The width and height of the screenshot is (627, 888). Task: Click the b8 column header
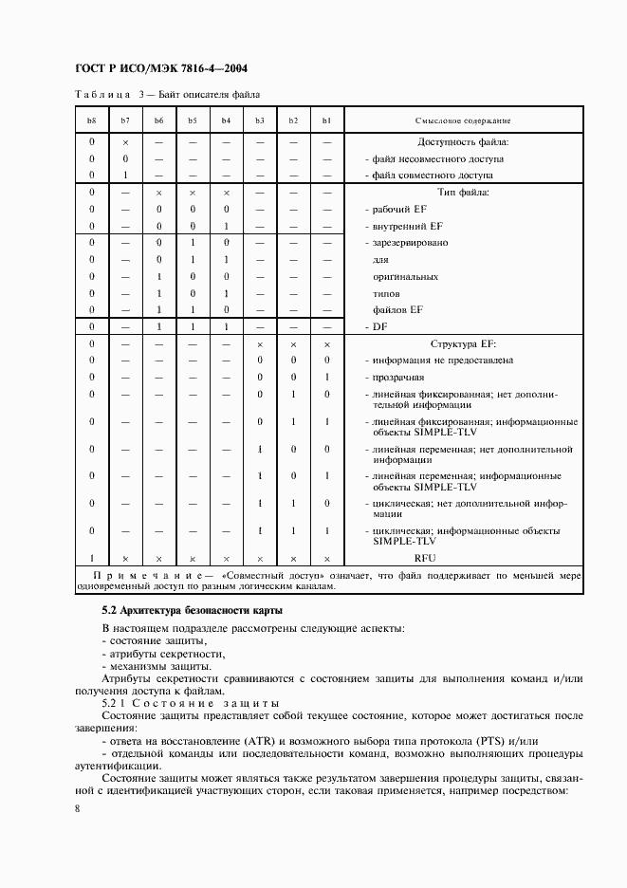(91, 120)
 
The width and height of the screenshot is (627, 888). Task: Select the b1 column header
(326, 120)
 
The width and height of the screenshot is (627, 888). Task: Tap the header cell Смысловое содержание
(463, 120)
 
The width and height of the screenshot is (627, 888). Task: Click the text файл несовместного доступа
(437, 158)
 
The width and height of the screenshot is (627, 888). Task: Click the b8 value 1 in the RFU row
(91, 559)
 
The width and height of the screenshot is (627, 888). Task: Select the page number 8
(77, 807)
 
